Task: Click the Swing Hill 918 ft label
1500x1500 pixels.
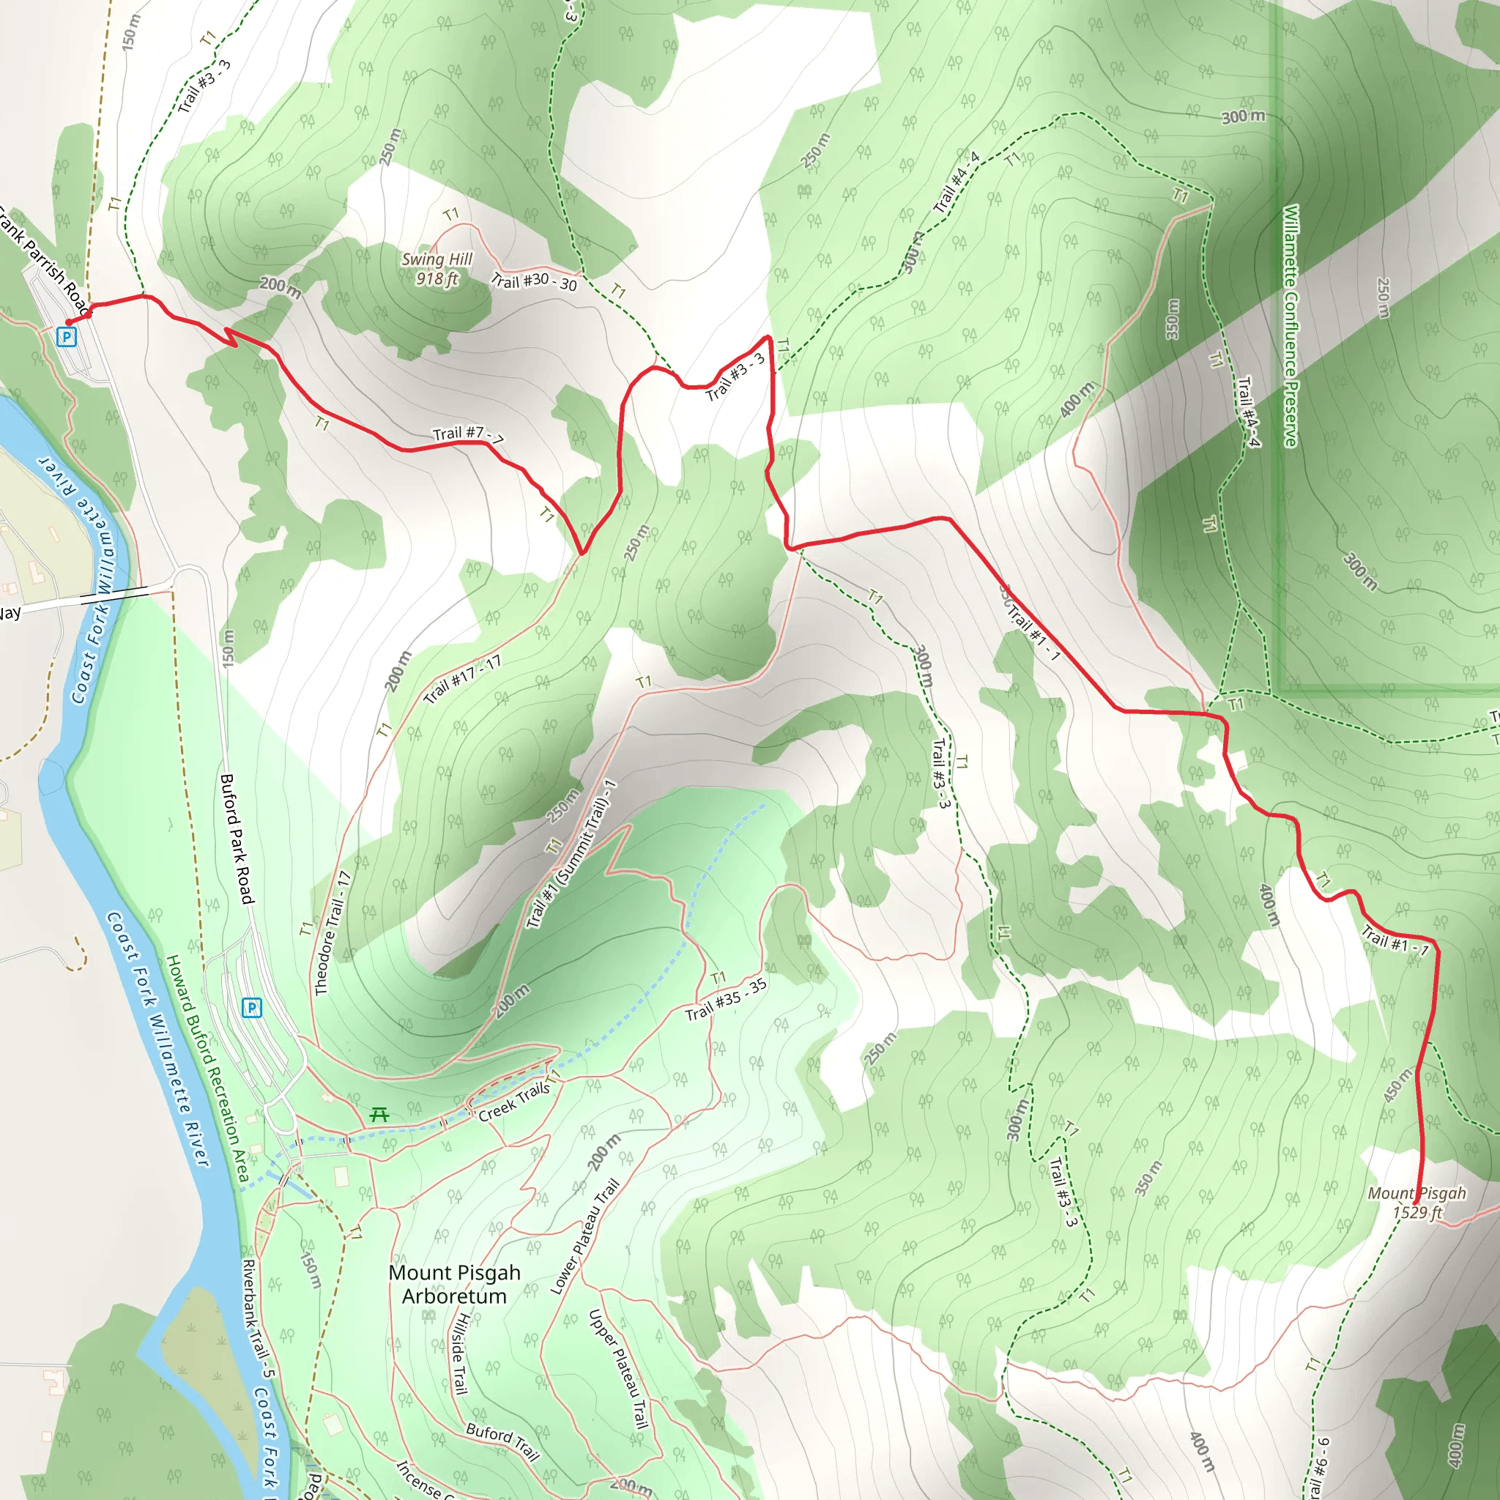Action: tap(437, 269)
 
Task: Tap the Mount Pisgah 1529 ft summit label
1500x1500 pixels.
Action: tap(1417, 1203)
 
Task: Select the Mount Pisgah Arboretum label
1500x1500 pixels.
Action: tap(454, 1284)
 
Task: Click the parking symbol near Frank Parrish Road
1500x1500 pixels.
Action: tap(67, 337)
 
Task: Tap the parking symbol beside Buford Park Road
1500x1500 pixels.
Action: tap(251, 1008)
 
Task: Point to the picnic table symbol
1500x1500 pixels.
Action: tap(379, 1115)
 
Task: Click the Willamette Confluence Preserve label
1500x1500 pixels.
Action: tap(1291, 326)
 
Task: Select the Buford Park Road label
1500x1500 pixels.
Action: tap(237, 839)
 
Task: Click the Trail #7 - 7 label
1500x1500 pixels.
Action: tap(467, 436)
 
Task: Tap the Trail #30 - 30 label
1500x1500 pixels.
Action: tap(534, 281)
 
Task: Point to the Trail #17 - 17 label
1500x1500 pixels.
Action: tap(462, 680)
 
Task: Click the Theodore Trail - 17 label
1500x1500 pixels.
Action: tap(333, 933)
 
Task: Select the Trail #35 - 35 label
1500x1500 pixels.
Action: tap(726, 999)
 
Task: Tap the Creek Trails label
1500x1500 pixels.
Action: tap(514, 1102)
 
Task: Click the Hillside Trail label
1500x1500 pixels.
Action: tap(461, 1354)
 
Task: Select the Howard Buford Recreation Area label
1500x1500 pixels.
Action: tap(207, 1069)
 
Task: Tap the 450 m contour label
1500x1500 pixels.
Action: tap(1397, 1085)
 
